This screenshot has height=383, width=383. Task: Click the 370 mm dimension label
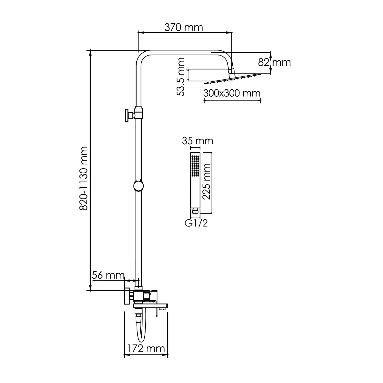click(184, 27)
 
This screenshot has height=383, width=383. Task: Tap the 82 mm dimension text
click(274, 63)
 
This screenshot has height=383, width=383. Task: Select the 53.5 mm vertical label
click(180, 77)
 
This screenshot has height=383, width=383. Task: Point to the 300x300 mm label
click(232, 93)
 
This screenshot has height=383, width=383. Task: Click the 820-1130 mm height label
click(84, 178)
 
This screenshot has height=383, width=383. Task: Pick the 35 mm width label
click(198, 141)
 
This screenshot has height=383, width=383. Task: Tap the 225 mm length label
click(206, 182)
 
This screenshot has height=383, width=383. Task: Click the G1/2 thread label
click(196, 223)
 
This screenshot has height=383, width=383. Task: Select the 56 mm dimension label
click(108, 275)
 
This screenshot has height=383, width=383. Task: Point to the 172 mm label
click(146, 349)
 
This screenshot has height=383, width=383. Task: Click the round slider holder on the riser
click(139, 186)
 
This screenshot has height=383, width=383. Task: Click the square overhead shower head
click(232, 79)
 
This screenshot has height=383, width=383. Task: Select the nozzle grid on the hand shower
click(195, 166)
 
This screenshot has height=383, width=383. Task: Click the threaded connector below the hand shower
click(195, 210)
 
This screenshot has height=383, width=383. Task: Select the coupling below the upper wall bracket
click(139, 113)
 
